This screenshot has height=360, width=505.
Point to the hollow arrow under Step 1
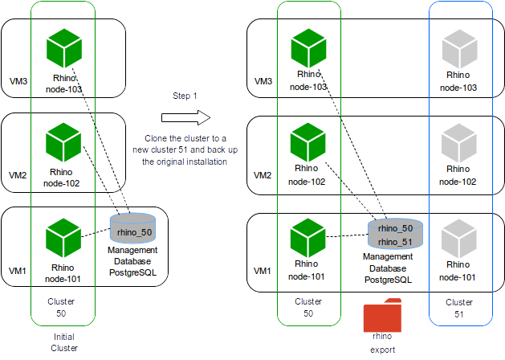pos(185,118)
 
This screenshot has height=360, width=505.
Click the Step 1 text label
pos(185,96)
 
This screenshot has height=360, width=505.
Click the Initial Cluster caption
pos(63,342)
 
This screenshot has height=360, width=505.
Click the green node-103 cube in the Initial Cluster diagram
pos(63,48)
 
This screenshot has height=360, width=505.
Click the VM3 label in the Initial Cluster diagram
pos(18,82)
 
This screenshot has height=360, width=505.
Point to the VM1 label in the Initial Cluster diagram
pos(18,272)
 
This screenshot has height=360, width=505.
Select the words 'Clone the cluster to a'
pos(185,138)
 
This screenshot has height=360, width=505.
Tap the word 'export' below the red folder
pos(383,350)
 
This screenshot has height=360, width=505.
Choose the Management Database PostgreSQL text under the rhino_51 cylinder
pos(389,268)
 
